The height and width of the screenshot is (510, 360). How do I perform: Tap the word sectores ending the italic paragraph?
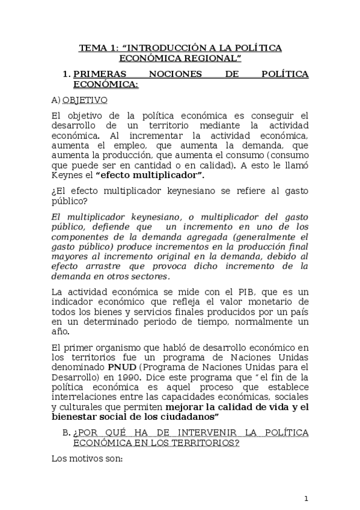coord(150,276)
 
